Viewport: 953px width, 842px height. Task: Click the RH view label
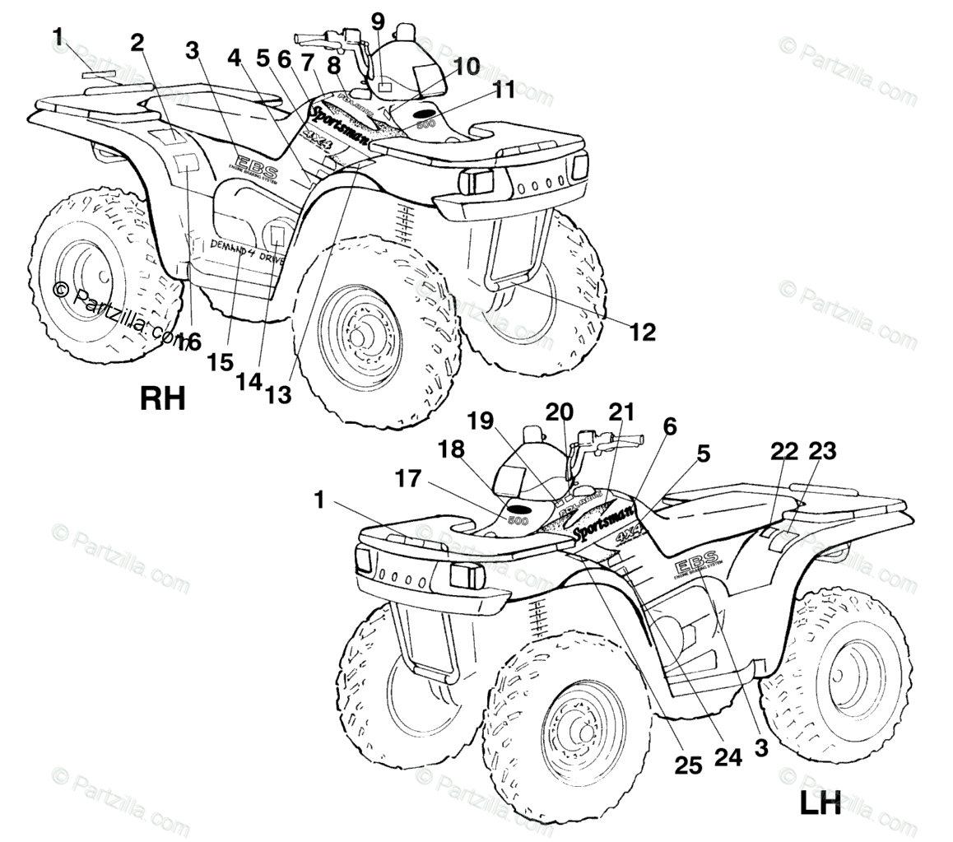(x=163, y=398)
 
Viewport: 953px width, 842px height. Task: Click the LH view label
(x=820, y=803)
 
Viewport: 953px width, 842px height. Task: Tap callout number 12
(x=642, y=332)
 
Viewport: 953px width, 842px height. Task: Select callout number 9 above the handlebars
(x=378, y=20)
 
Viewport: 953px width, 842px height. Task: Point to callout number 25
(x=688, y=765)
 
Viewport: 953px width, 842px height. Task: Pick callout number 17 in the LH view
(x=408, y=478)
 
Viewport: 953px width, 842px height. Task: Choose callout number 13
(x=278, y=395)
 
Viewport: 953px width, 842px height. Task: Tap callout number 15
(x=221, y=362)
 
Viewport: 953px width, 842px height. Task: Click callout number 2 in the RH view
(x=137, y=43)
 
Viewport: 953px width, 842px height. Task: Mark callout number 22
(x=784, y=451)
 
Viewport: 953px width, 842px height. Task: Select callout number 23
(x=822, y=451)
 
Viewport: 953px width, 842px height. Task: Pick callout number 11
(x=504, y=90)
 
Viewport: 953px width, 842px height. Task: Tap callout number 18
(x=451, y=449)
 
